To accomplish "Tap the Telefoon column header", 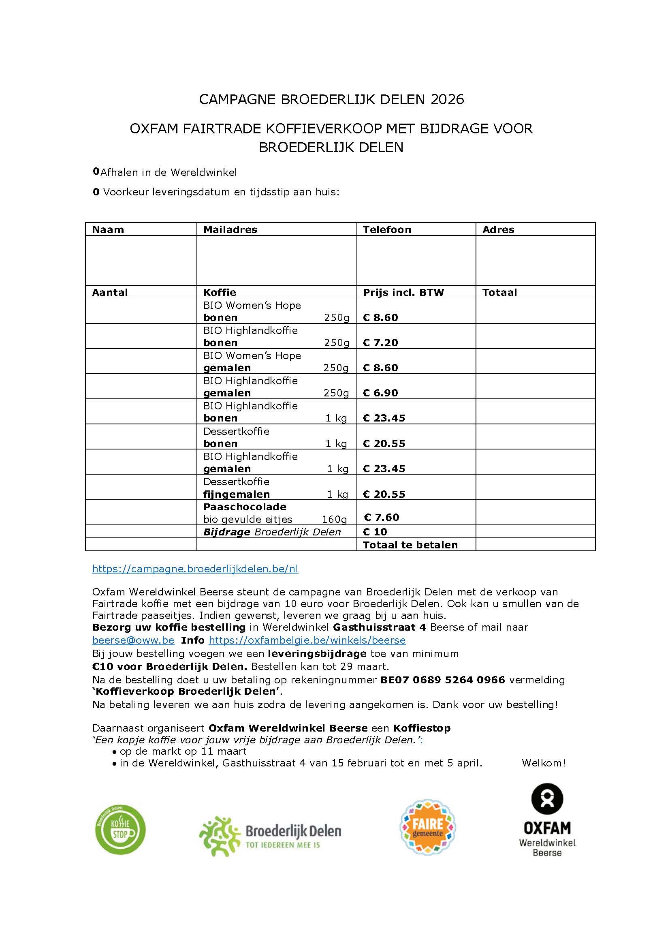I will click(x=386, y=229).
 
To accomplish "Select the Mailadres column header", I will click(x=230, y=229).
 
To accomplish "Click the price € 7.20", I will click(x=380, y=343).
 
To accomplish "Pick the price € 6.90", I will click(x=380, y=393).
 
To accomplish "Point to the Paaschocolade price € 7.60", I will click(x=381, y=517).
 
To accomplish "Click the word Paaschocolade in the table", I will click(x=245, y=507).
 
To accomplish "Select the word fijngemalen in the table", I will click(x=237, y=494).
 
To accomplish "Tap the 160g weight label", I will click(x=334, y=520).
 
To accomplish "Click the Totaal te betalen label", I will click(x=410, y=545).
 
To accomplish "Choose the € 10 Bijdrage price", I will click(x=375, y=532).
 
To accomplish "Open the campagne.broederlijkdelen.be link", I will click(x=195, y=569).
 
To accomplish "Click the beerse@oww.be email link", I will click(x=133, y=640).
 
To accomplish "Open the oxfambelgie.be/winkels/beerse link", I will click(x=307, y=640).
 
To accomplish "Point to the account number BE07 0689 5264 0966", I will click(x=442, y=680).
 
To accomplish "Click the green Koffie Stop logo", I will click(x=120, y=830).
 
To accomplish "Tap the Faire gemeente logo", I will click(x=427, y=828).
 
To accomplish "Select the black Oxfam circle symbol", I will click(x=547, y=798).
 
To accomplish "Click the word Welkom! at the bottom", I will click(x=543, y=763).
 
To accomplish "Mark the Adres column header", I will click(x=498, y=229).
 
